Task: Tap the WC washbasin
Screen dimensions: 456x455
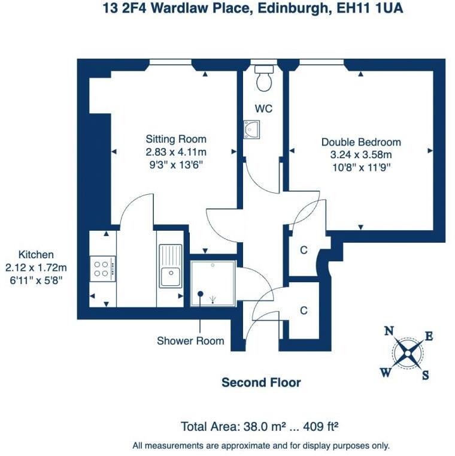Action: click(251, 128)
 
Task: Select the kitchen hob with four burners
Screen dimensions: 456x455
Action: click(101, 267)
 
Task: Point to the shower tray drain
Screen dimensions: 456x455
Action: click(201, 293)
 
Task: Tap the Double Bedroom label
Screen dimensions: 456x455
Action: click(361, 143)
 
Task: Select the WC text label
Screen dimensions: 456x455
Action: click(263, 108)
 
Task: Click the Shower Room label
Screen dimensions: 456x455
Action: click(190, 341)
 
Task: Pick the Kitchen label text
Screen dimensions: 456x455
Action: click(36, 254)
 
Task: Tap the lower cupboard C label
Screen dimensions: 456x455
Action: click(304, 310)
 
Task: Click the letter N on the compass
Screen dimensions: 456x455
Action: click(389, 331)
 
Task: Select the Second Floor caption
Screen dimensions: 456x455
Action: click(261, 382)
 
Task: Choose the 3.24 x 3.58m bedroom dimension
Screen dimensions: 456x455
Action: click(361, 155)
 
